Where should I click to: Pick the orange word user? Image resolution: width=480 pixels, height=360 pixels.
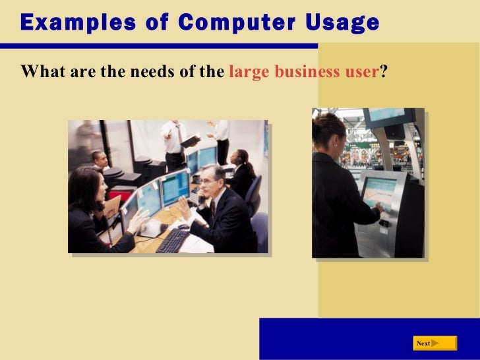point(361,72)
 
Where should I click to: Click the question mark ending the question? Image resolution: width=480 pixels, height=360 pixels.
point(382,72)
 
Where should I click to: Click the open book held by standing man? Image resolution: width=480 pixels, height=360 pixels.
point(190,140)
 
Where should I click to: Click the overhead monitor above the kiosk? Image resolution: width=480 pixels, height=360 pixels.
point(388,117)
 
